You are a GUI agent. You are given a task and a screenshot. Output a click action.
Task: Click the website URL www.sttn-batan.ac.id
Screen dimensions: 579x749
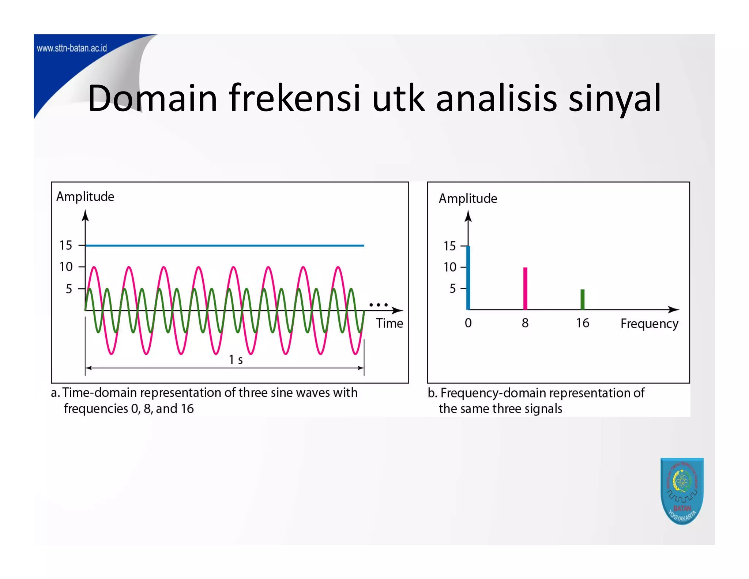click(72, 48)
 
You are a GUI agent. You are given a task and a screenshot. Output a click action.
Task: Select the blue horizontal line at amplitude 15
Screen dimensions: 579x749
click(225, 246)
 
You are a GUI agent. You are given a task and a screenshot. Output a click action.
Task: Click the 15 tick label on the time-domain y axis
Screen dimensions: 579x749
click(66, 246)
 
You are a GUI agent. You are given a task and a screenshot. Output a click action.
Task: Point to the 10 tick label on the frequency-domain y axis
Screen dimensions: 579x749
click(450, 267)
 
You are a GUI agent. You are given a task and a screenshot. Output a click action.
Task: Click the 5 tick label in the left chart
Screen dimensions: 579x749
click(69, 289)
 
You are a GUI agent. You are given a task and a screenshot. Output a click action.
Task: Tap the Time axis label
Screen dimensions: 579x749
click(389, 324)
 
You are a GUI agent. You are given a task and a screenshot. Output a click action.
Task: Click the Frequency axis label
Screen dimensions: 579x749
click(649, 324)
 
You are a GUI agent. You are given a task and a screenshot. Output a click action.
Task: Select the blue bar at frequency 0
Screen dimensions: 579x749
click(468, 278)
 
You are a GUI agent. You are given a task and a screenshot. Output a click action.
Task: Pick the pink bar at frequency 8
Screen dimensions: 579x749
click(525, 289)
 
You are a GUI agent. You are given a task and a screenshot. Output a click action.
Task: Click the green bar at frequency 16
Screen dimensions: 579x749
click(583, 299)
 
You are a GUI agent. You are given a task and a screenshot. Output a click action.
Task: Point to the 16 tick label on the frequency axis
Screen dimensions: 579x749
click(583, 323)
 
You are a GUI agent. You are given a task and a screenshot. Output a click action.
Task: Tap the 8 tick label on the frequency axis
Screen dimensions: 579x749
click(525, 323)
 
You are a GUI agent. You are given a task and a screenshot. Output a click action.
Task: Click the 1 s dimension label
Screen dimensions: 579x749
click(236, 360)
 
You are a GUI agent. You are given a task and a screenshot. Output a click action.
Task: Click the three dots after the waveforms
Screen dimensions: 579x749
click(379, 305)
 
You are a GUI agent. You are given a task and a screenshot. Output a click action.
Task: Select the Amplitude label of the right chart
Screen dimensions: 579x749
click(468, 199)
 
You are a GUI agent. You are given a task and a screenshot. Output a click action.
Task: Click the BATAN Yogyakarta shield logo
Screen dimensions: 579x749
click(682, 490)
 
